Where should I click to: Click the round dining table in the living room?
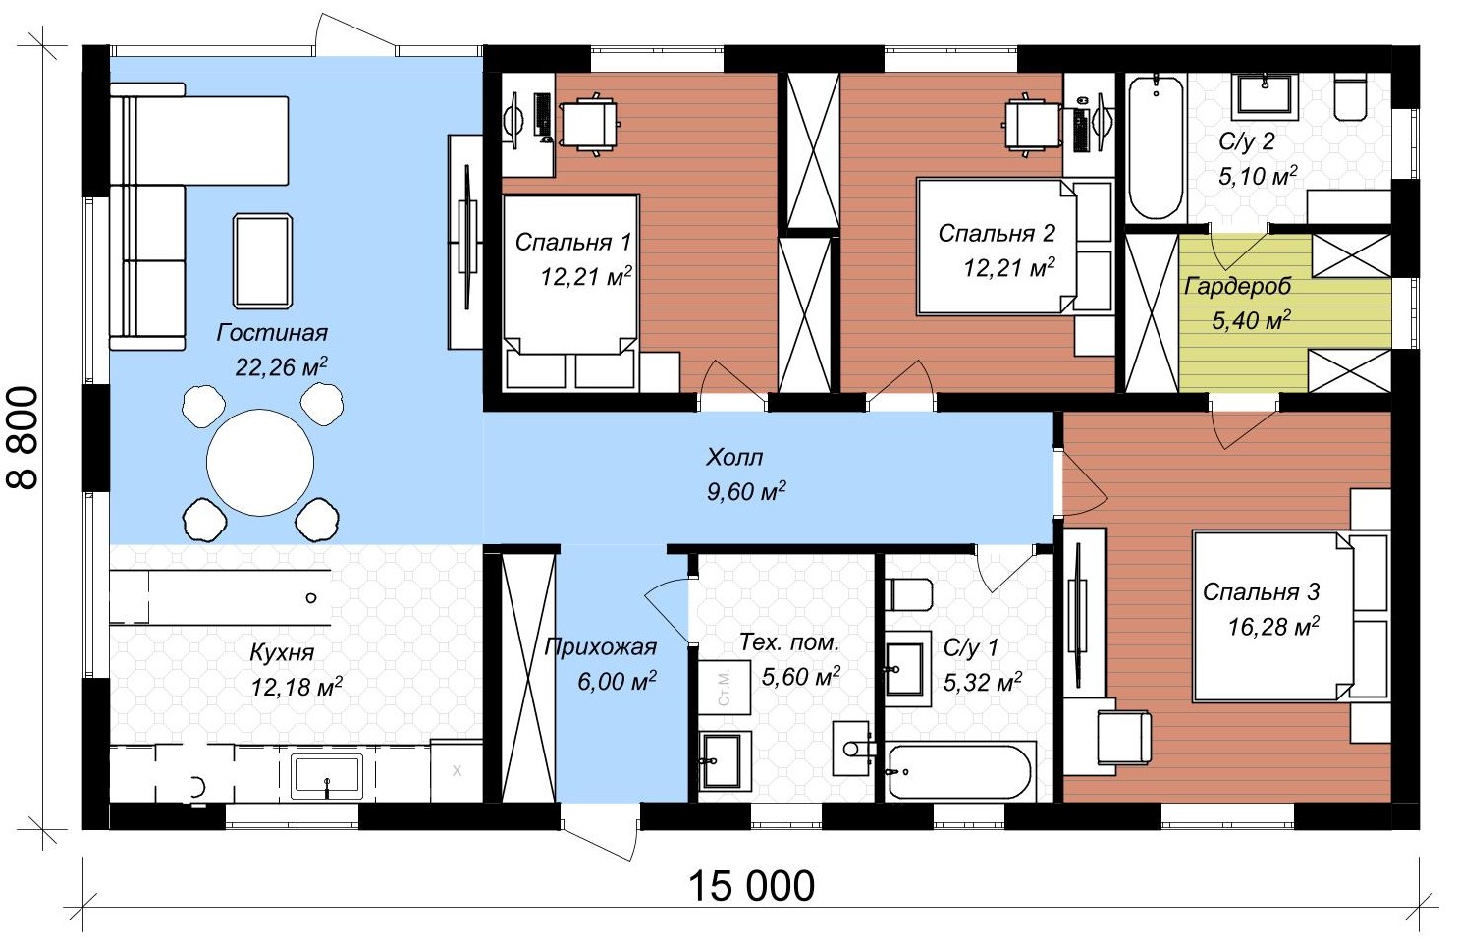coord(260,463)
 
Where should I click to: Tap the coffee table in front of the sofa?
coord(262,261)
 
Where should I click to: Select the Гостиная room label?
coord(272,333)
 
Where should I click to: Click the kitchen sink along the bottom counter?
coord(327,776)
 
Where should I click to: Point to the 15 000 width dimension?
coord(751,886)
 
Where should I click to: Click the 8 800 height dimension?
coord(23,438)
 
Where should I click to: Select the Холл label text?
coord(734,458)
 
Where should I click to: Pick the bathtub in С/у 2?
coord(1156,148)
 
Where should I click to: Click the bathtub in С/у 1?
coord(961,772)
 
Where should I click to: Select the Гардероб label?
coord(1237,286)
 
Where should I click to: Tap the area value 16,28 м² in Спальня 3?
coord(1273,627)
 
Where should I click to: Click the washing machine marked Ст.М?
coord(725,689)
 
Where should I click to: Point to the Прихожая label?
coord(600,647)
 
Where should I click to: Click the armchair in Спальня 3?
coord(1124,737)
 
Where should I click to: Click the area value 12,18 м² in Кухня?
coord(297,687)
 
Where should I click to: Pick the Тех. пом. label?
coord(789,642)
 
